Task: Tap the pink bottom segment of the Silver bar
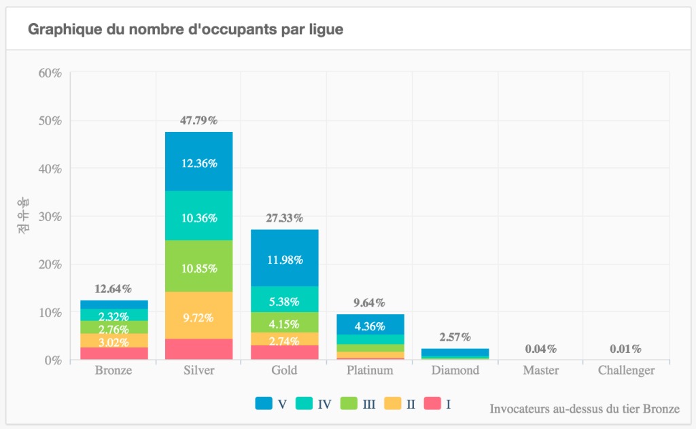pyautogui.click(x=199, y=349)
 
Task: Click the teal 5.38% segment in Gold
pyautogui.click(x=284, y=299)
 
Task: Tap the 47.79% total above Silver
pyautogui.click(x=199, y=120)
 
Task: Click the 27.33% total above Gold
pyautogui.click(x=284, y=218)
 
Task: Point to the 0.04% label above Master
pyautogui.click(x=541, y=349)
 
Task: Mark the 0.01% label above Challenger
pyautogui.click(x=626, y=349)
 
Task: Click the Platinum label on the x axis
pyautogui.click(x=370, y=371)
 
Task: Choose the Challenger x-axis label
pyautogui.click(x=626, y=371)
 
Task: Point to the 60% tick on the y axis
pyautogui.click(x=48, y=73)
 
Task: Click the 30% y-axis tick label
pyautogui.click(x=48, y=217)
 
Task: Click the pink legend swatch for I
pyautogui.click(x=432, y=404)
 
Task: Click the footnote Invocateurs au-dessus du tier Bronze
pyautogui.click(x=584, y=409)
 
